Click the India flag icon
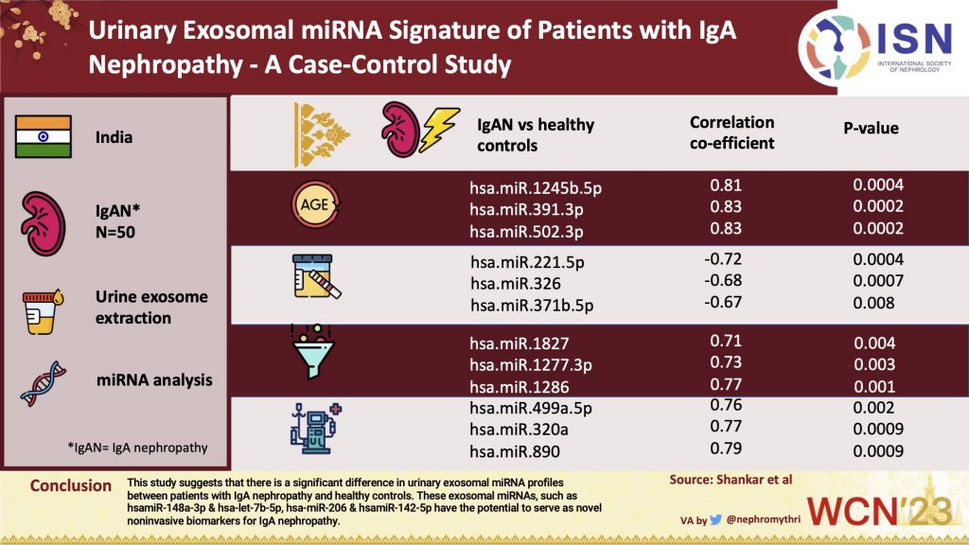click(44, 136)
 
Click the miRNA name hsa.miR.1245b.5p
click(536, 186)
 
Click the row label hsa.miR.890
click(511, 451)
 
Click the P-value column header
click(871, 128)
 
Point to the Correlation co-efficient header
click(731, 133)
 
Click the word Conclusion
click(70, 485)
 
